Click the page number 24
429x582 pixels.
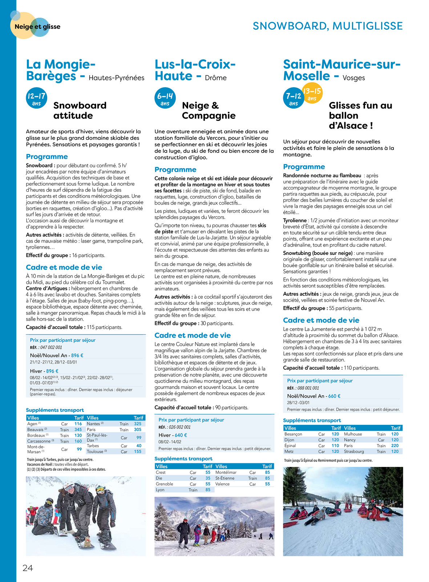tap(28, 568)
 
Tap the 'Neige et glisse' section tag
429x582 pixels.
tap(37, 27)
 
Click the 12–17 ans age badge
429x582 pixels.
tap(36, 98)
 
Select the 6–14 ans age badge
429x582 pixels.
tap(165, 98)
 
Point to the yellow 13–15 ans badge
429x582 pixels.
tap(312, 94)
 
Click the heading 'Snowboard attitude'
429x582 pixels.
tap(80, 110)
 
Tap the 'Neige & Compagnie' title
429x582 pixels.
tap(209, 110)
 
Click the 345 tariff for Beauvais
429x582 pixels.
tap(78, 430)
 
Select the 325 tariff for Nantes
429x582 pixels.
tap(138, 424)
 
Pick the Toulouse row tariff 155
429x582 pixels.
tap(138, 452)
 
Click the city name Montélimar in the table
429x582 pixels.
tap(226, 472)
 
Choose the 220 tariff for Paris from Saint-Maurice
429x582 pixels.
tap(395, 446)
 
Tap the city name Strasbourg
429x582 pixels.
tap(354, 452)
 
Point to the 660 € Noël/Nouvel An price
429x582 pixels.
tap(334, 396)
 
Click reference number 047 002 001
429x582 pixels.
tap(51, 347)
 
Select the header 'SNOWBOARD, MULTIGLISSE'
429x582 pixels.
tap(328, 26)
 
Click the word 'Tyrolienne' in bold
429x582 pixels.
tap(295, 220)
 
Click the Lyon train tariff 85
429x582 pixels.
tap(208, 490)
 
